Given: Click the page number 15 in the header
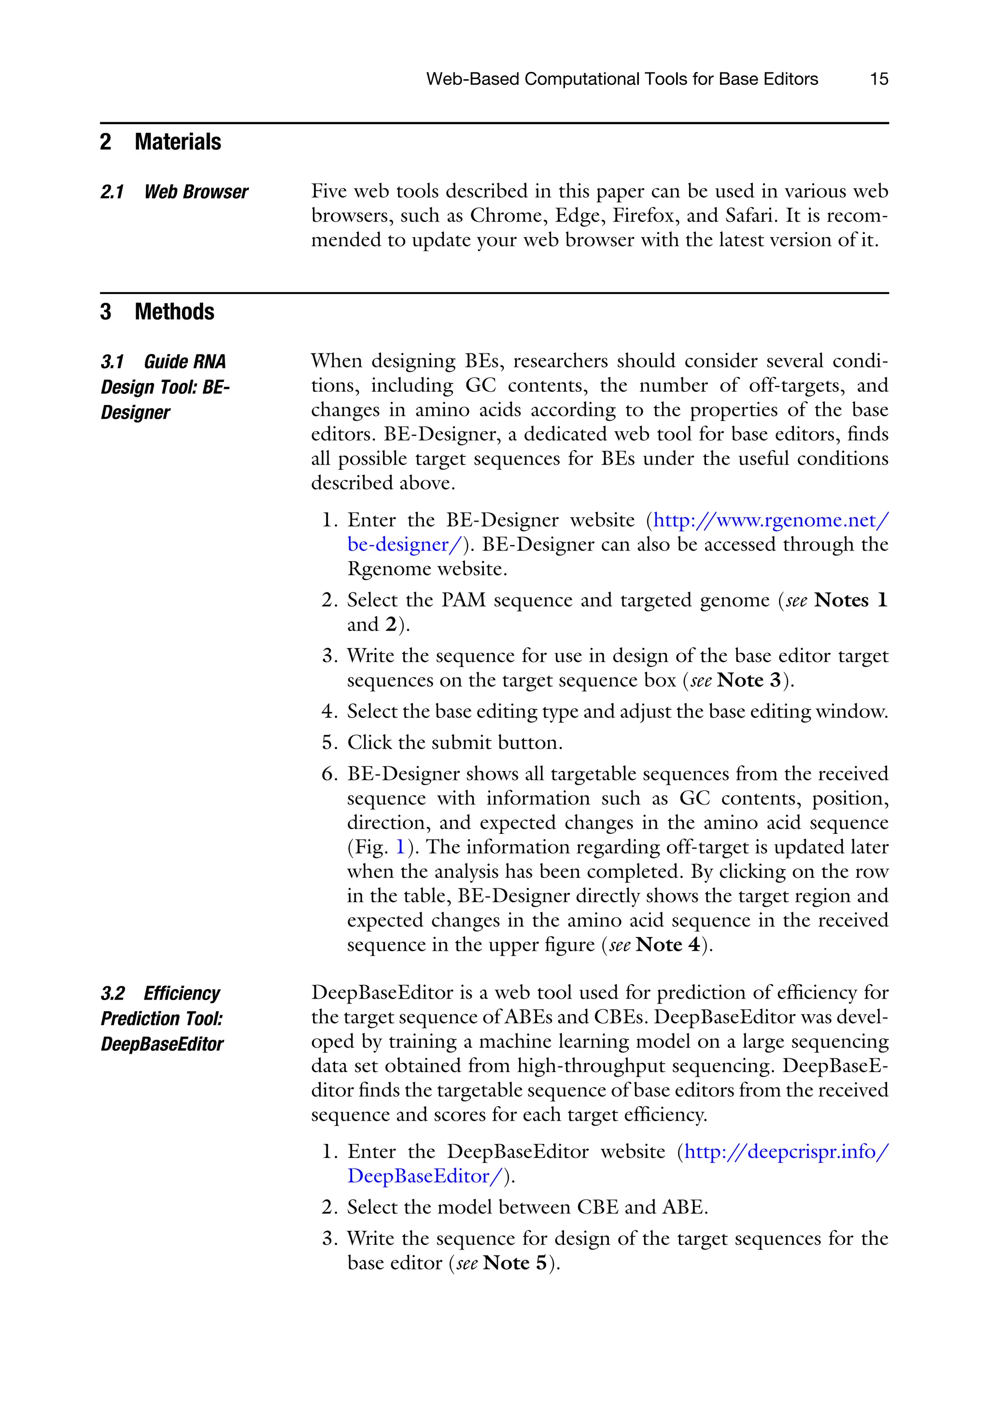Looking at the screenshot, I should (x=878, y=79).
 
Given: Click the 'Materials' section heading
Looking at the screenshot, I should (x=178, y=142).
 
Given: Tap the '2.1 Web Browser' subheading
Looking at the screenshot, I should (x=174, y=192).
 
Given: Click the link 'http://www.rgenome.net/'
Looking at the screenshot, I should (x=770, y=521).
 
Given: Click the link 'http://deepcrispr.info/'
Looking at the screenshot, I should (x=786, y=1151).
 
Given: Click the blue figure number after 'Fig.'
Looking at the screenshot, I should (x=400, y=847).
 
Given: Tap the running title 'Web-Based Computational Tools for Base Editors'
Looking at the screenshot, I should (x=622, y=79).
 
